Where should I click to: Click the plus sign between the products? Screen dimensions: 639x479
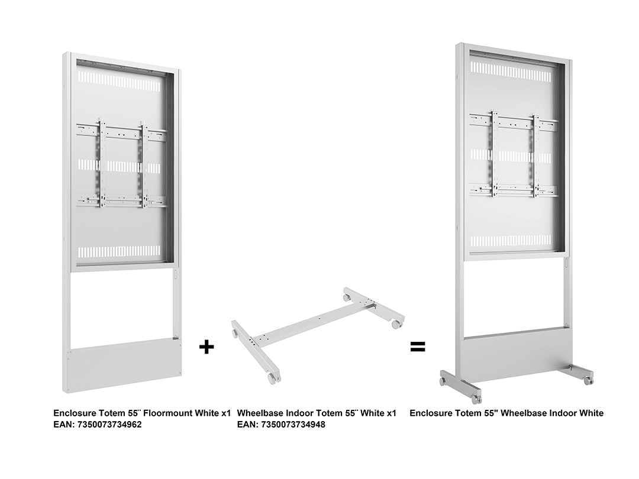coord(206,347)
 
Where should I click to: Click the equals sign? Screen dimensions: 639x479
coord(418,347)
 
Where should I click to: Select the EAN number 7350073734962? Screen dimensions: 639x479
coord(109,425)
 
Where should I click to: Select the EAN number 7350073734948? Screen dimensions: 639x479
coord(293,425)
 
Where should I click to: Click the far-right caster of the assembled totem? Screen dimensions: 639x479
coord(588,381)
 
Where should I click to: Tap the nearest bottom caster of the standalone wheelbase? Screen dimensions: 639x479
coord(272,379)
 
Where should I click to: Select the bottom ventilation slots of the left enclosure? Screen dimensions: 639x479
coord(119,251)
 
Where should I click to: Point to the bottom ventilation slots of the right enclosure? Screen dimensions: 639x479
coord(512,241)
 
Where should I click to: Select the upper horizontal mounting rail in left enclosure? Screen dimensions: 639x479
coord(121,131)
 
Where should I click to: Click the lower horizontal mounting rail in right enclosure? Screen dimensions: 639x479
coord(514,190)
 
